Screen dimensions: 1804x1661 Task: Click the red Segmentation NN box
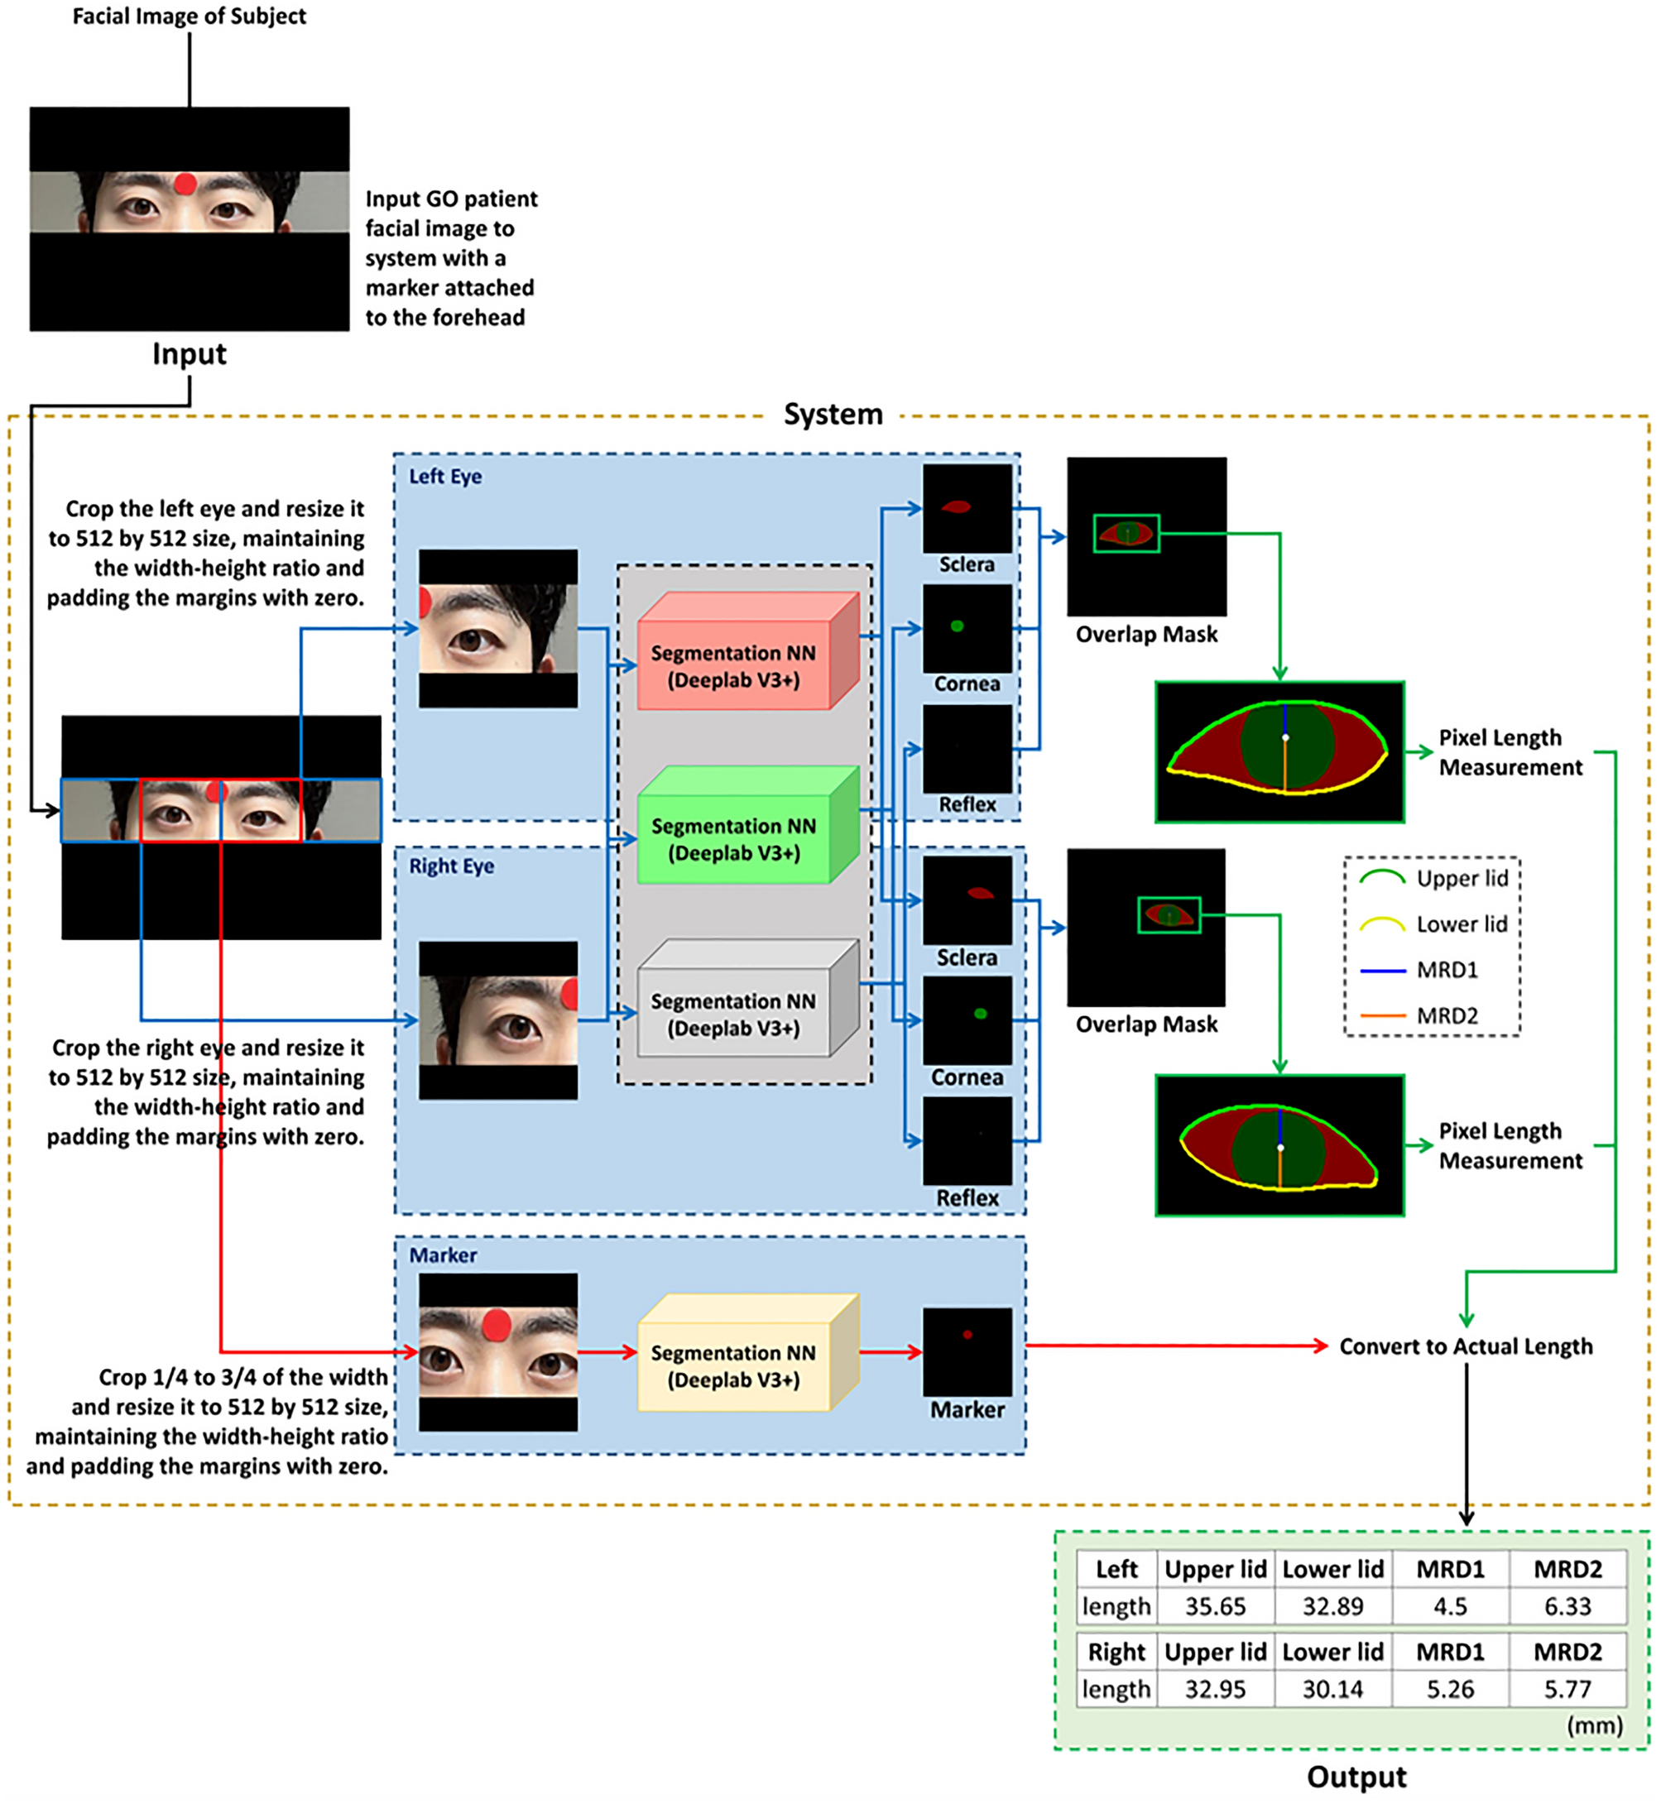click(x=733, y=665)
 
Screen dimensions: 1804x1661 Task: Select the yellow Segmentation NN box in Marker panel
click(x=733, y=1365)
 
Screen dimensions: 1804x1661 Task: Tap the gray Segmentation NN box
click(x=733, y=1014)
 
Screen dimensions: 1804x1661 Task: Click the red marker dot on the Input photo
click(x=185, y=185)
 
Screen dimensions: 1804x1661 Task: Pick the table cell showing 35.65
click(x=1215, y=1606)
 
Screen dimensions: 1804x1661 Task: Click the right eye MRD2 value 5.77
click(x=1567, y=1689)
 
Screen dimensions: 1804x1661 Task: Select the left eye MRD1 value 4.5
click(x=1450, y=1606)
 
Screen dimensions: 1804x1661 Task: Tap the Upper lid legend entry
click(x=1438, y=878)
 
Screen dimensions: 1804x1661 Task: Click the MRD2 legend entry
click(x=1438, y=1015)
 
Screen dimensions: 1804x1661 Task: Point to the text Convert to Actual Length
click(x=1465, y=1346)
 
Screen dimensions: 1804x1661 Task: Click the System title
click(x=833, y=415)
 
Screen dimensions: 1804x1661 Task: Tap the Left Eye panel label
click(x=445, y=477)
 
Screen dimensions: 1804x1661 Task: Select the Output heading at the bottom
click(x=1356, y=1776)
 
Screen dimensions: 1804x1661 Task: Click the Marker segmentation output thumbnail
click(x=967, y=1351)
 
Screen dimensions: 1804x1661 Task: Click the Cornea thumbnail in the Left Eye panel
click(x=967, y=628)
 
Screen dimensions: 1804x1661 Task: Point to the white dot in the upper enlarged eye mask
click(x=1285, y=737)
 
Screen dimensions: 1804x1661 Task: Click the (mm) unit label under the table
click(x=1595, y=1725)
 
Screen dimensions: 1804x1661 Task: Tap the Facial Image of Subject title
click(x=189, y=17)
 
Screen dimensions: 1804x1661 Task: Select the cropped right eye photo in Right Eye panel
click(x=498, y=1020)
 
